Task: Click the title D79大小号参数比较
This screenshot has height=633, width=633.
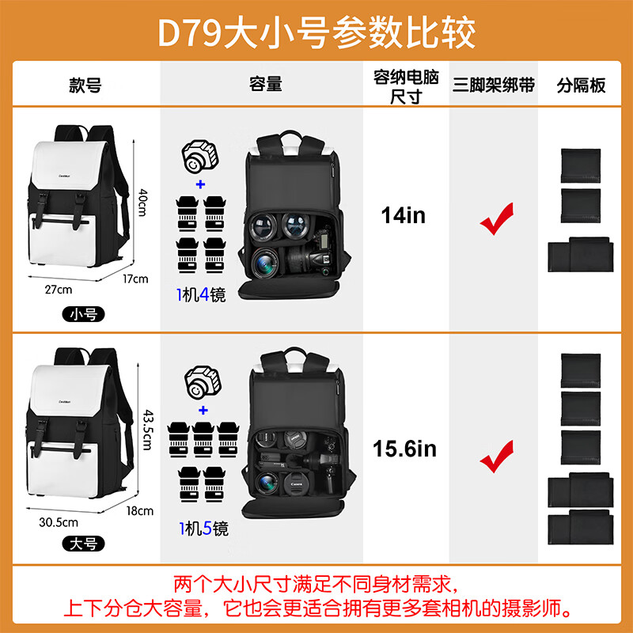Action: pyautogui.click(x=316, y=32)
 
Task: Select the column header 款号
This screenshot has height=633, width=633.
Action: pyautogui.click(x=85, y=85)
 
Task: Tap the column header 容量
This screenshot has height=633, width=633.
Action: pyautogui.click(x=266, y=85)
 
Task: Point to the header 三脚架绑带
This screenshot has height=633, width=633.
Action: pyautogui.click(x=494, y=85)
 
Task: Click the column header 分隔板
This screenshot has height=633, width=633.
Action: pyautogui.click(x=582, y=85)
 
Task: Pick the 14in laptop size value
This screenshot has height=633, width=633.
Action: pyautogui.click(x=404, y=215)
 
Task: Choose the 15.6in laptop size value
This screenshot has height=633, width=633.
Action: pyautogui.click(x=404, y=449)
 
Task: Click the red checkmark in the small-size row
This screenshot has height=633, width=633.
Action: pyautogui.click(x=496, y=218)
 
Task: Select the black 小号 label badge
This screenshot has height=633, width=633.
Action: pyautogui.click(x=83, y=314)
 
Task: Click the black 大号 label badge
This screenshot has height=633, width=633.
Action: pyautogui.click(x=83, y=543)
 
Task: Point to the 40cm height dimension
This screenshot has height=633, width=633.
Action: pyautogui.click(x=143, y=205)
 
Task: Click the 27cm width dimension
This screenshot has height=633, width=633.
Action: pyautogui.click(x=58, y=289)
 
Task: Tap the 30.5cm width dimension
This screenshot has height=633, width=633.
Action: pyautogui.click(x=59, y=521)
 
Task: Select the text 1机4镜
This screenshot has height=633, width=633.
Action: pyautogui.click(x=201, y=295)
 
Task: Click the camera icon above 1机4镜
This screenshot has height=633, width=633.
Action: pyautogui.click(x=199, y=157)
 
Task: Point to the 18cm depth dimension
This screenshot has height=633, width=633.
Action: pyautogui.click(x=140, y=510)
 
